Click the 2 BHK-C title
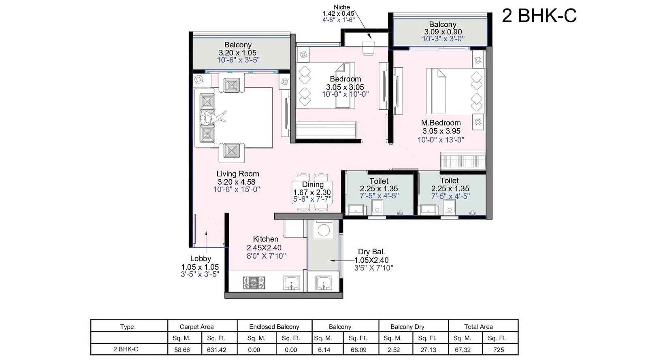pyautogui.click(x=539, y=16)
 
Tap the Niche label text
pyautogui.click(x=342, y=7)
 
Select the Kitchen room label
pyautogui.click(x=266, y=239)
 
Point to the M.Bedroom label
pyautogui.click(x=441, y=123)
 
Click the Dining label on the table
pyautogui.click(x=313, y=185)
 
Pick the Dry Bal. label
pyautogui.click(x=371, y=251)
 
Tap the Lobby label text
pyautogui.click(x=200, y=258)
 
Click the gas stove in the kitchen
pyautogui.click(x=254, y=283)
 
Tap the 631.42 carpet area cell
pyautogui.click(x=216, y=350)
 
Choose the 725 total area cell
pyautogui.click(x=499, y=350)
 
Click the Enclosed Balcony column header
pyautogui.click(x=274, y=327)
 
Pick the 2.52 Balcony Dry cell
pyautogui.click(x=394, y=350)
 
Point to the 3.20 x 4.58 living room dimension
pyautogui.click(x=237, y=182)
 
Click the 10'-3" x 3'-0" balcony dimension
pyautogui.click(x=443, y=39)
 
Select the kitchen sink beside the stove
pyautogui.click(x=291, y=283)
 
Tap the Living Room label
pyautogui.click(x=237, y=174)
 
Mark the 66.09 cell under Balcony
pyautogui.click(x=358, y=350)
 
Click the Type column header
pyautogui.click(x=127, y=327)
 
